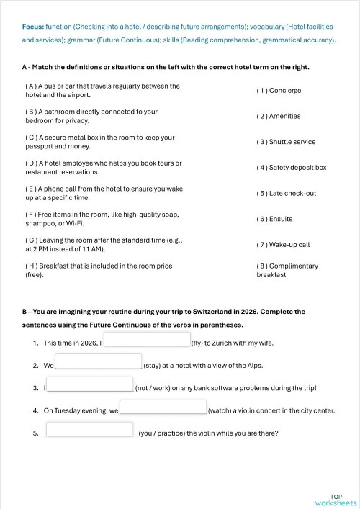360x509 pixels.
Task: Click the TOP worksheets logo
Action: (336, 500)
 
